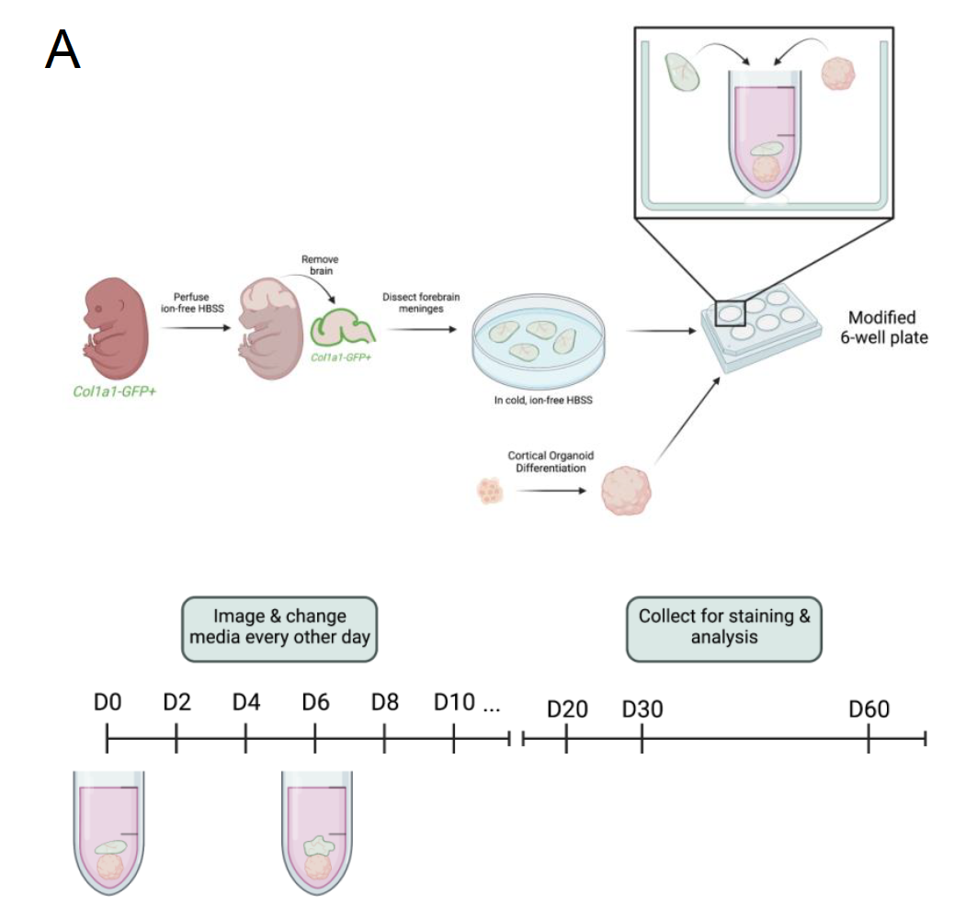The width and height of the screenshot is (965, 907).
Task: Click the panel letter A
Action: [x=63, y=51]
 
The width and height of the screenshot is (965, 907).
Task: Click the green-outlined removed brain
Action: [x=343, y=328]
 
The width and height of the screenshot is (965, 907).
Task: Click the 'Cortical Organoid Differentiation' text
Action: [x=546, y=461]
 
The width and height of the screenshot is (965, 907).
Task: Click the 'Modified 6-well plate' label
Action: [x=881, y=327]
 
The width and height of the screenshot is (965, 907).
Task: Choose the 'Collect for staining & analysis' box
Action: [x=724, y=626]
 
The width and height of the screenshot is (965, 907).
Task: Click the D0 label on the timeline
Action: [x=108, y=703]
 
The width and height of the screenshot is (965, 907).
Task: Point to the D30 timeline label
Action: [x=642, y=710]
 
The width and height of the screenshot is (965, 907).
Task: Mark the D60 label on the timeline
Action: [x=868, y=710]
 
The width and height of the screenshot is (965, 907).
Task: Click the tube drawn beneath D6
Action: [x=316, y=833]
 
